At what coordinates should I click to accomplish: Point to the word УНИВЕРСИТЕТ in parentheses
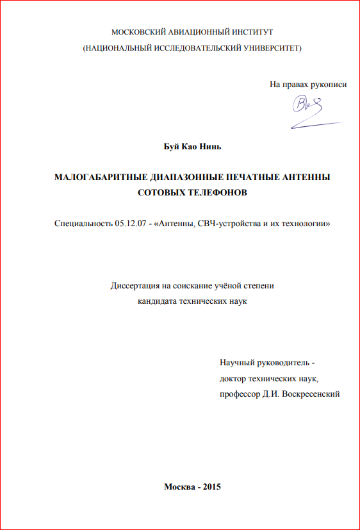(x=268, y=49)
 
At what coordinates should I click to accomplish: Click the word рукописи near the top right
(x=329, y=84)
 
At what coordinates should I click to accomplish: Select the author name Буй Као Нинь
(x=192, y=147)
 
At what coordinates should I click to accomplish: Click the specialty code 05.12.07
(x=127, y=224)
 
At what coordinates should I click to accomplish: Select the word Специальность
(x=81, y=224)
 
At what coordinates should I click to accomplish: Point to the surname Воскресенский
(x=309, y=393)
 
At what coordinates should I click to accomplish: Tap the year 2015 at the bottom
(x=211, y=488)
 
